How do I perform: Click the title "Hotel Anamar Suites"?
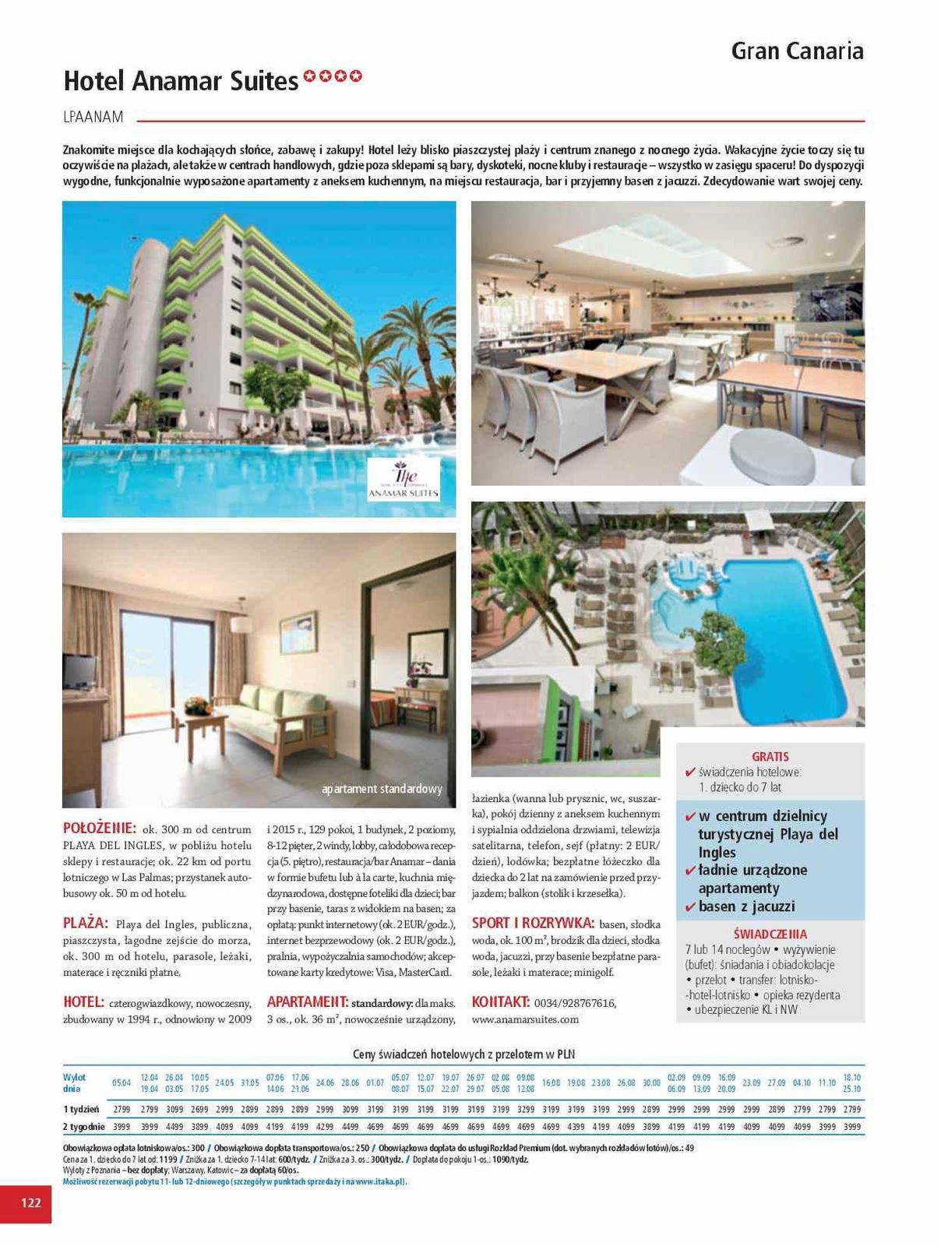coord(181,80)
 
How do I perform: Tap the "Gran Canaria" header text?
coord(797,51)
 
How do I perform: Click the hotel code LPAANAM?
coord(93,118)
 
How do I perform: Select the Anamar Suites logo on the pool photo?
coord(404,479)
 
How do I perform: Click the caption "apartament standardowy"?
coord(382,789)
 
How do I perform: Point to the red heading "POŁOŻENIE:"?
coord(99,829)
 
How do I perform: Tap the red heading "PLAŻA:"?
coord(85,924)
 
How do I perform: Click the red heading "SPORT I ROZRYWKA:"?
coord(533,924)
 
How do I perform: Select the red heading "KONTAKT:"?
coord(500,1002)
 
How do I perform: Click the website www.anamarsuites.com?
coord(525,1019)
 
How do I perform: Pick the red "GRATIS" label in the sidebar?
coord(770,756)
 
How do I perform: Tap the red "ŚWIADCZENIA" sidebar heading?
coord(770,934)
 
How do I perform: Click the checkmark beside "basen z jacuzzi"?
coord(689,906)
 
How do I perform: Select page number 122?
coord(30,1202)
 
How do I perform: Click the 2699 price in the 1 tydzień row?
coord(199,1109)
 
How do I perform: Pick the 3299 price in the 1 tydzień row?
coord(525,1109)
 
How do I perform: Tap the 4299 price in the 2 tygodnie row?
coord(325,1126)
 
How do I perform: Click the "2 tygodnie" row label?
coord(83,1126)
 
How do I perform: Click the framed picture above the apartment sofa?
coord(298,632)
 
